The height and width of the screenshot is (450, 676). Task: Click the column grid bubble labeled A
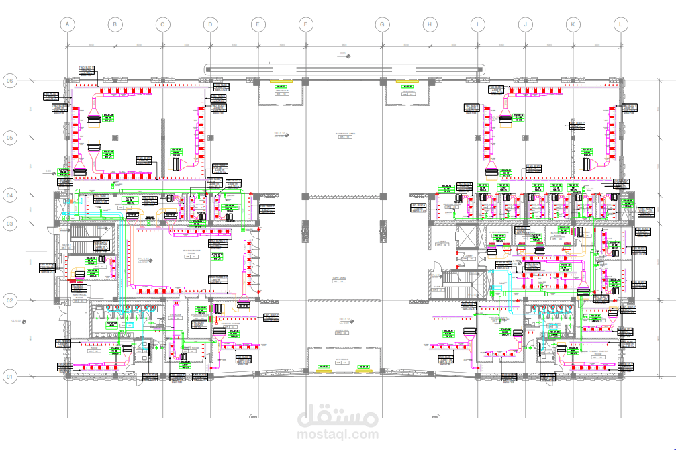click(66, 25)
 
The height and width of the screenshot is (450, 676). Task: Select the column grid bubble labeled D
click(210, 25)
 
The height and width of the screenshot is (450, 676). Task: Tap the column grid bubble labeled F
click(305, 25)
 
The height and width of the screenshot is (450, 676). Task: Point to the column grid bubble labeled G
click(382, 25)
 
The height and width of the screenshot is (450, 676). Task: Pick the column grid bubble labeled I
click(477, 25)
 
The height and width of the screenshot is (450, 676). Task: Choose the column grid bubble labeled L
click(621, 25)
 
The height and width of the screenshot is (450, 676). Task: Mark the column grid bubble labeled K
click(573, 25)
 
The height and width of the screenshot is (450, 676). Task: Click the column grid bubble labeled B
click(115, 25)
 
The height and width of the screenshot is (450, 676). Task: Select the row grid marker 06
click(10, 81)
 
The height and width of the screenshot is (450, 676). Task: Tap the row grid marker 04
click(10, 195)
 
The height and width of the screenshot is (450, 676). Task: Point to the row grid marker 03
click(10, 223)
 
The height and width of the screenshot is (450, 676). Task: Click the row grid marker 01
click(10, 377)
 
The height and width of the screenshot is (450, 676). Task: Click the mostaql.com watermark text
click(338, 435)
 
